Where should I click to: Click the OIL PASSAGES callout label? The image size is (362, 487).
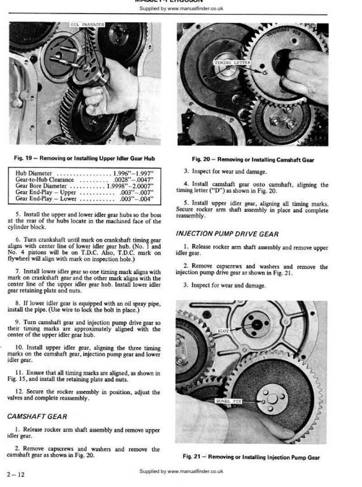pyautogui.click(x=88, y=24)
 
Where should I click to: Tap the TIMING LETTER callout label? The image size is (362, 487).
pyautogui.click(x=232, y=62)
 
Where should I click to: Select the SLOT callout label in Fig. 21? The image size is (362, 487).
pyautogui.click(x=223, y=331)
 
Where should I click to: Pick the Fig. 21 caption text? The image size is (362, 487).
pyautogui.click(x=251, y=457)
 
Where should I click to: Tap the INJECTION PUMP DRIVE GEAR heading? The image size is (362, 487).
pyautogui.click(x=227, y=234)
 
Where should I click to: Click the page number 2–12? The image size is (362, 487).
pyautogui.click(x=14, y=474)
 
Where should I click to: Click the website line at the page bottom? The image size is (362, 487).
pyautogui.click(x=181, y=471)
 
